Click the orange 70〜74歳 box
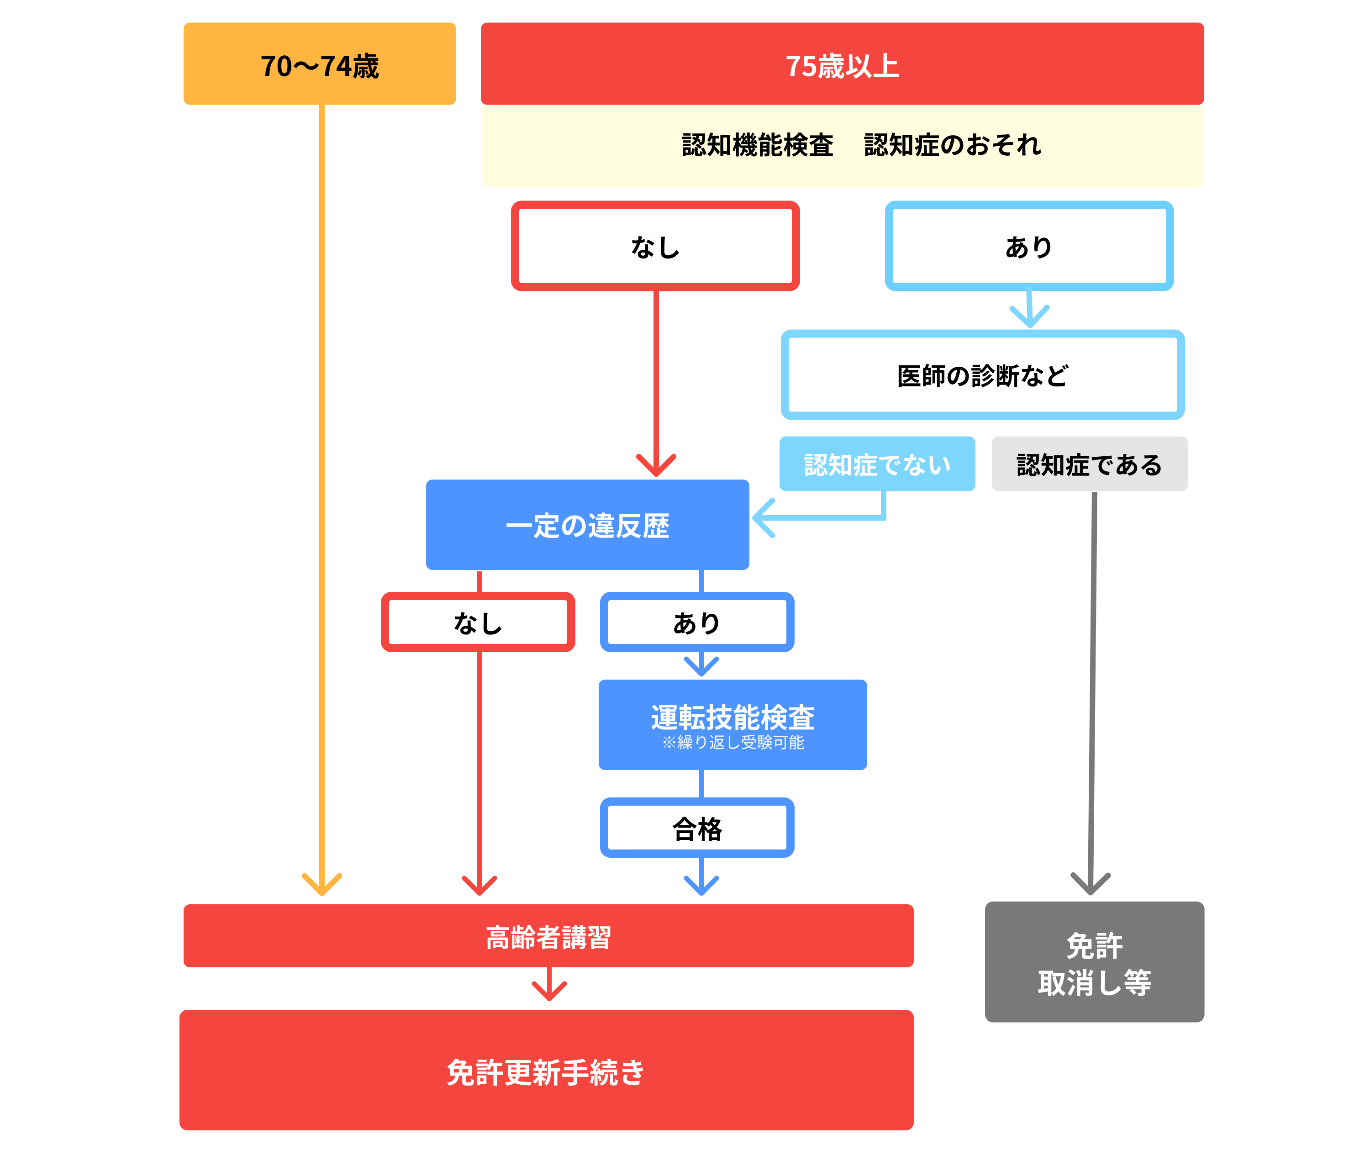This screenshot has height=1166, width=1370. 319,63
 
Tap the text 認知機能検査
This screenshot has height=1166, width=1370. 757,145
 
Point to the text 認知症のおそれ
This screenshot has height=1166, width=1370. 952,145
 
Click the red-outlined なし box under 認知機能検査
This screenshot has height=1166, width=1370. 654,246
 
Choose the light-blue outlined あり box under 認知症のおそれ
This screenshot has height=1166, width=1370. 1028,246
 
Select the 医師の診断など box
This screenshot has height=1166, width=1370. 982,375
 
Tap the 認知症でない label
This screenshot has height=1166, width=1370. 876,464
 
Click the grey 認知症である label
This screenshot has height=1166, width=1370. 1089,464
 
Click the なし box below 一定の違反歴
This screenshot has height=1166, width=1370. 477,622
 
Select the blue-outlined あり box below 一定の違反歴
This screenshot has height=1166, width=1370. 696,622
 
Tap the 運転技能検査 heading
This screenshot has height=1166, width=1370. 732,717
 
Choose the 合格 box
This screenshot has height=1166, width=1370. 696,828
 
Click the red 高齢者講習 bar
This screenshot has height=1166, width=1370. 548,936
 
